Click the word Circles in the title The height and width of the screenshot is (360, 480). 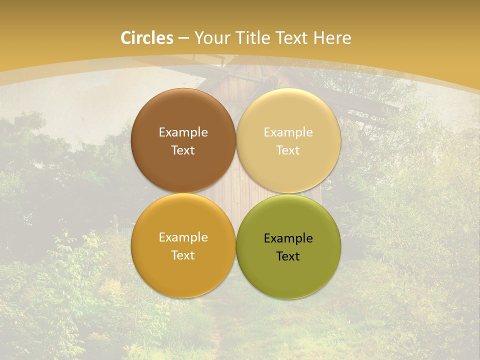point(147,37)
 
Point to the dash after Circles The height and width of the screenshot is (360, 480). point(183,38)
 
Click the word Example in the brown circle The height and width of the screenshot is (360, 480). point(183,132)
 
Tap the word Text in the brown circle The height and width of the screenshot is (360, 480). point(183,150)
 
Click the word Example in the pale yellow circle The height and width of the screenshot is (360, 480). point(288,132)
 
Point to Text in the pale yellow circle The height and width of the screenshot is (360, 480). point(288,150)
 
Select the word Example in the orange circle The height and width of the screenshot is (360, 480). point(183,237)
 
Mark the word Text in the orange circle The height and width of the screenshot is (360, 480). point(183,255)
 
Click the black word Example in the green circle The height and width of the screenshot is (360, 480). point(288,238)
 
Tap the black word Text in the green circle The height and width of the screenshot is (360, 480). point(288,256)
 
